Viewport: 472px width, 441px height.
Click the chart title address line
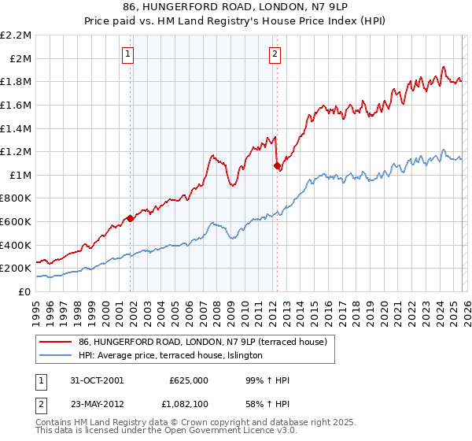pos(235,7)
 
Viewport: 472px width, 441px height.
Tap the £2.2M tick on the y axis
pos(16,35)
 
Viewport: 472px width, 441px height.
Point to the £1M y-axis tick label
pos(20,175)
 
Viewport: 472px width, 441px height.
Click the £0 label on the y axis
pos(24,291)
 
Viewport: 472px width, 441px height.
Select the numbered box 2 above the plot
pos(275,54)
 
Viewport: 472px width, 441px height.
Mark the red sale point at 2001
pos(131,218)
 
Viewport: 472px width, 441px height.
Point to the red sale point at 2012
pos(277,165)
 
